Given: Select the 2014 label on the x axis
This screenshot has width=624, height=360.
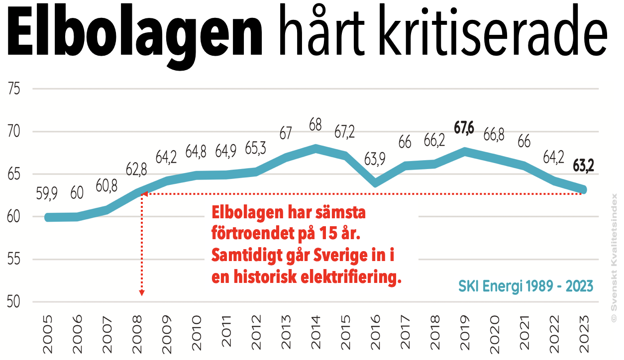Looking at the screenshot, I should [x=315, y=333].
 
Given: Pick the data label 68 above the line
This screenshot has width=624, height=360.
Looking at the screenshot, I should [x=315, y=124].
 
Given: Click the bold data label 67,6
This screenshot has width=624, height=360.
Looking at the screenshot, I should [x=464, y=128].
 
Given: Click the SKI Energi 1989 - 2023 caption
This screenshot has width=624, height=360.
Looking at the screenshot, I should [x=525, y=287].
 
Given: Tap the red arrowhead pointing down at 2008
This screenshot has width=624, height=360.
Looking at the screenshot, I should [x=142, y=293].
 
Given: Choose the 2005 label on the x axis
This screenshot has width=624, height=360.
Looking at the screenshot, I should [x=48, y=333].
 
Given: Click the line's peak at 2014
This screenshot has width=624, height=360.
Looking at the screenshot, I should [x=315, y=148].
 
